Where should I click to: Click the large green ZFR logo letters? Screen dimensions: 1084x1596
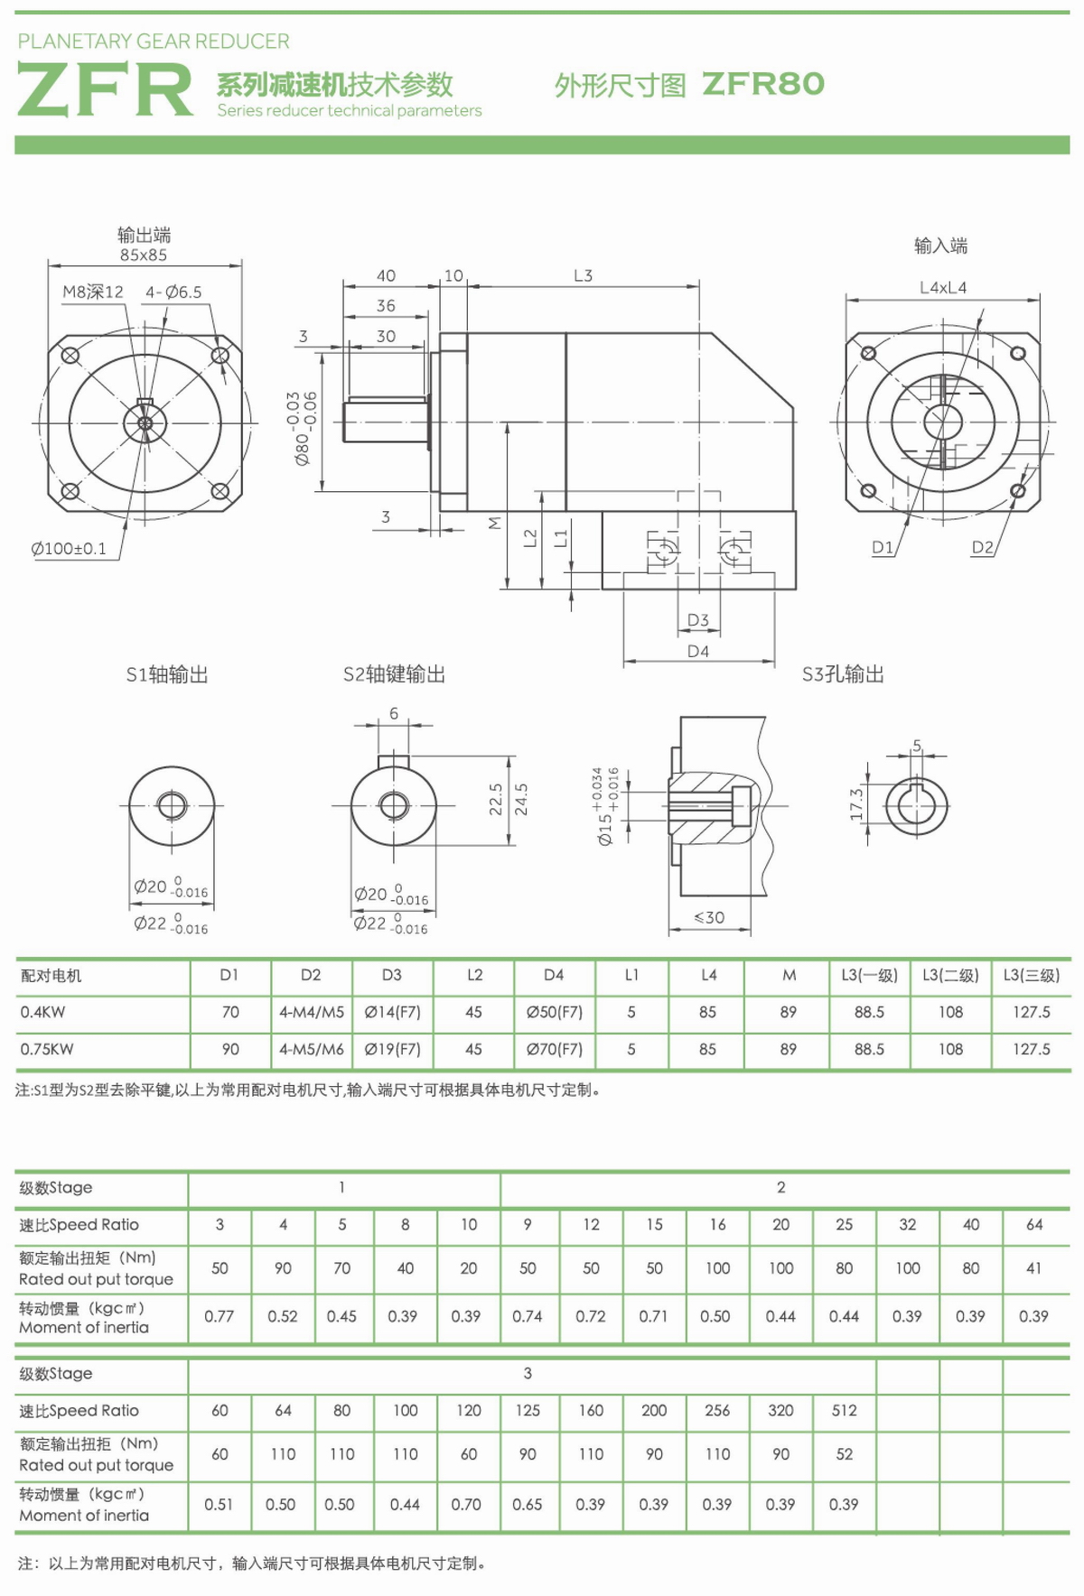(x=105, y=89)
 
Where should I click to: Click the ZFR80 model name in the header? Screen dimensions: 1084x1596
(x=763, y=84)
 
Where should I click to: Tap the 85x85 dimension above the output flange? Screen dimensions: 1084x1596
(x=144, y=255)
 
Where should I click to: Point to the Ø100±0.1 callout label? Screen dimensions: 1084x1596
(x=69, y=549)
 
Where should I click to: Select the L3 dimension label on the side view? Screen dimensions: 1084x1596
(x=584, y=275)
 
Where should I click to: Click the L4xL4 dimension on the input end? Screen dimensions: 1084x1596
(x=942, y=288)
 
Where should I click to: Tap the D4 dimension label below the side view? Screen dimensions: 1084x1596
(x=698, y=651)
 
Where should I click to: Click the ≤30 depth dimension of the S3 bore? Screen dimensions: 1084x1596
(x=709, y=917)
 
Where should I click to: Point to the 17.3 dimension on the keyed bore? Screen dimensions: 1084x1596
(x=857, y=803)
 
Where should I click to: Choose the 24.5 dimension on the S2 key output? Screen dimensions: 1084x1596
(x=521, y=799)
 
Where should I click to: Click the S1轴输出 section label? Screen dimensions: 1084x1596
(x=167, y=674)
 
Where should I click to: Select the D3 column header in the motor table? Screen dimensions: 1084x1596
(x=392, y=975)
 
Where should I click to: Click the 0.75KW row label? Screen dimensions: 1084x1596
(x=47, y=1049)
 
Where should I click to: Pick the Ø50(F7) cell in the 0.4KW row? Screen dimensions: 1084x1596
(x=555, y=1012)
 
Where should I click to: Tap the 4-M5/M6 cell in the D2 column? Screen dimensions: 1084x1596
(x=312, y=1049)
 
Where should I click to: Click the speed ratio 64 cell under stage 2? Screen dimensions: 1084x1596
(x=1034, y=1225)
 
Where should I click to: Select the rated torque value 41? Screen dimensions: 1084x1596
(x=1033, y=1268)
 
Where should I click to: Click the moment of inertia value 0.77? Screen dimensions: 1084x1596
(x=220, y=1316)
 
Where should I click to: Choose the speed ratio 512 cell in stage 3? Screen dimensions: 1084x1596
(x=845, y=1411)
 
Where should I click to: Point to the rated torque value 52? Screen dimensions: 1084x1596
(x=845, y=1454)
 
